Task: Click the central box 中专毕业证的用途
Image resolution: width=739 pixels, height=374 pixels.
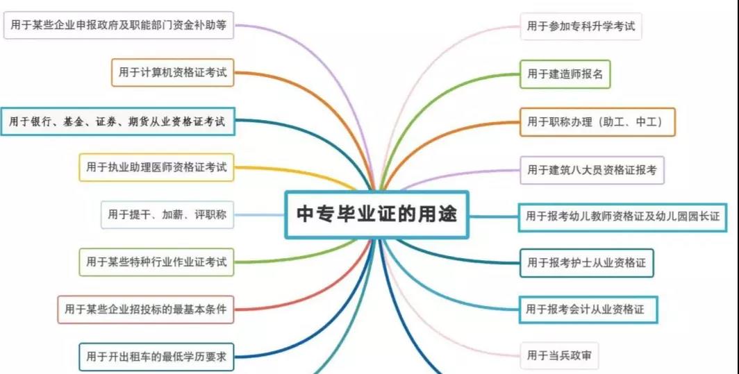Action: point(376,214)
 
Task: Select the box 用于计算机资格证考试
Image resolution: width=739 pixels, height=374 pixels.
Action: point(172,73)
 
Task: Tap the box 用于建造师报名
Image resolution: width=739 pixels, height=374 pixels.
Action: point(565,74)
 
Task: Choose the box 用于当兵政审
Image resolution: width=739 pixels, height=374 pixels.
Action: point(559,356)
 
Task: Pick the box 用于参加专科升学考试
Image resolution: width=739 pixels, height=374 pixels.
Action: point(581,26)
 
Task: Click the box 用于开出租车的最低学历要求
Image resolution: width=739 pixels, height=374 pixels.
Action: point(156,357)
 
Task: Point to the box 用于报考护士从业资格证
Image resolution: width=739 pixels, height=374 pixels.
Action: point(586,263)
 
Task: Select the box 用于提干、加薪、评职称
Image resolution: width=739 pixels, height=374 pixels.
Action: point(167,215)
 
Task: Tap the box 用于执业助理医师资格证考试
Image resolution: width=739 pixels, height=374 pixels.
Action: point(156,167)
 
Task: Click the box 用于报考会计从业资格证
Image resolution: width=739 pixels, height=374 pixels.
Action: point(588,309)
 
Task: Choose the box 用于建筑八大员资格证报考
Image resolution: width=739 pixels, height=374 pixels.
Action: point(592,170)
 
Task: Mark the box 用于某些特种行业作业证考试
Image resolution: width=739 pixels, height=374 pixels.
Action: point(156,262)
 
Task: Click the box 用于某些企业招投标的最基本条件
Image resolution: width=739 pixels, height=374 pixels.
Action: point(146,309)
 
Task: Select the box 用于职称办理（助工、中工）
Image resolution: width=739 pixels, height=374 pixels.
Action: point(597,122)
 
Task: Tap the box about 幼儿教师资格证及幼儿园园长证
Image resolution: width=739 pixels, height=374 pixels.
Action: point(622,217)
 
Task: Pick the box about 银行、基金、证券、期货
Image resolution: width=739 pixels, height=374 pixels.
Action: point(117,121)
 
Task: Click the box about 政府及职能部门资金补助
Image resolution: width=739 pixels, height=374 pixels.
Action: point(119,25)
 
